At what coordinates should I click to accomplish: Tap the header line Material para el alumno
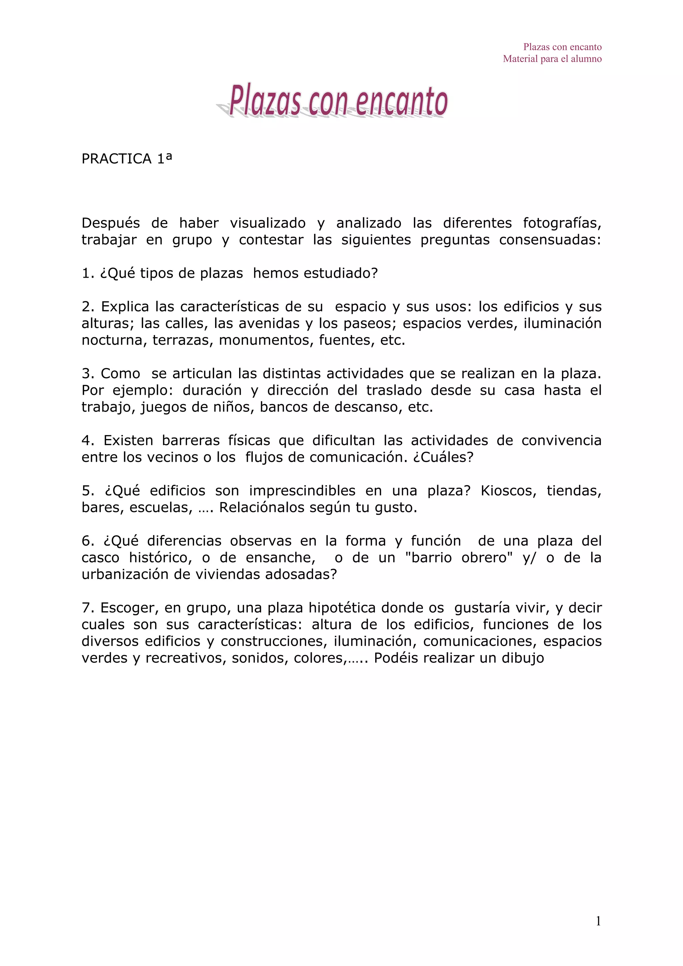(552, 59)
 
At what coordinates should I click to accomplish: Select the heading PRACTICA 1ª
(127, 159)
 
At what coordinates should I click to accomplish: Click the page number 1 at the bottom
(598, 921)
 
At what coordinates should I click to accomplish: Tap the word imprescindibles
(302, 491)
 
